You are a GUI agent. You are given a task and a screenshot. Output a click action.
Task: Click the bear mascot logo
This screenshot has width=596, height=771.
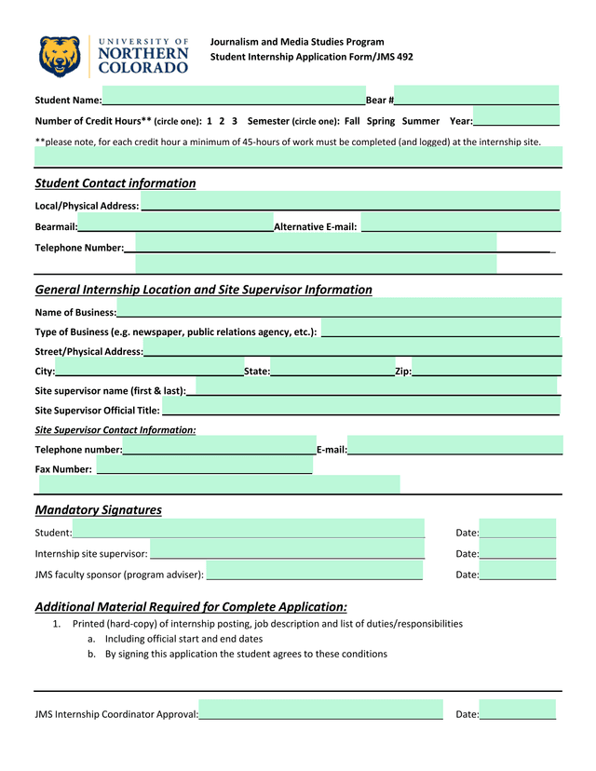point(61,56)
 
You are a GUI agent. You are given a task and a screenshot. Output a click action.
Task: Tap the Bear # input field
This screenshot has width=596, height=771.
point(476,98)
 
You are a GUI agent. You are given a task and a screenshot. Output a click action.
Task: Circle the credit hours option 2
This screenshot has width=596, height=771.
point(223,121)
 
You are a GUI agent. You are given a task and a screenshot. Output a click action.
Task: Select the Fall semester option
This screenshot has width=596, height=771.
point(352,121)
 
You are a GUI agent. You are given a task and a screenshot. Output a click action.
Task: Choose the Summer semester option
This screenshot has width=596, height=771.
point(421,121)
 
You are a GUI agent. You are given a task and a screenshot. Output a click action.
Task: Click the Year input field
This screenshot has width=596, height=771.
point(516,121)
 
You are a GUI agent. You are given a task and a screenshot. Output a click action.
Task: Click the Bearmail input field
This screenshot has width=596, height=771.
point(175,226)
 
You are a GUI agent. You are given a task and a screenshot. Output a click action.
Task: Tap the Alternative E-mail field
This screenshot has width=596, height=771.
point(460,226)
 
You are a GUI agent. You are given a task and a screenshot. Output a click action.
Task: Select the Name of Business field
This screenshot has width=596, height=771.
point(339,311)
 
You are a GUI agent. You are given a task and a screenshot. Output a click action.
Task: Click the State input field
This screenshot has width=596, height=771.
point(332,372)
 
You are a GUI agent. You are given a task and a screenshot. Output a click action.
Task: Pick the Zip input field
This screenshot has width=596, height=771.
point(485,372)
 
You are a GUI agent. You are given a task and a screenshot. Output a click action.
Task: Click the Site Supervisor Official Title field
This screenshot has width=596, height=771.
point(359,409)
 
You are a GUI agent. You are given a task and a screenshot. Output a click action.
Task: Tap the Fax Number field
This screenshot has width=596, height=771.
point(204,468)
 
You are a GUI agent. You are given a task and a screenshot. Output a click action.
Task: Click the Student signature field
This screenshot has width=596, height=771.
point(249,532)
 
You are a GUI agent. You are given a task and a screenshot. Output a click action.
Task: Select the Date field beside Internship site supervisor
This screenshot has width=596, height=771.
point(518,553)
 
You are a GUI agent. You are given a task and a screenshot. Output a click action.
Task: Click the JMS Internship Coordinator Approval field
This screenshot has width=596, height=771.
point(320,713)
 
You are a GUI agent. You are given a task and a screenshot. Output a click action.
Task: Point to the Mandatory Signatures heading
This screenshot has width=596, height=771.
point(98,509)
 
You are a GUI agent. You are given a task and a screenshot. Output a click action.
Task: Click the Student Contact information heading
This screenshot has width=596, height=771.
point(115,183)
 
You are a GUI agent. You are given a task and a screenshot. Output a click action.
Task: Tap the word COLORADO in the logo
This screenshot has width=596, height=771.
point(142,68)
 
